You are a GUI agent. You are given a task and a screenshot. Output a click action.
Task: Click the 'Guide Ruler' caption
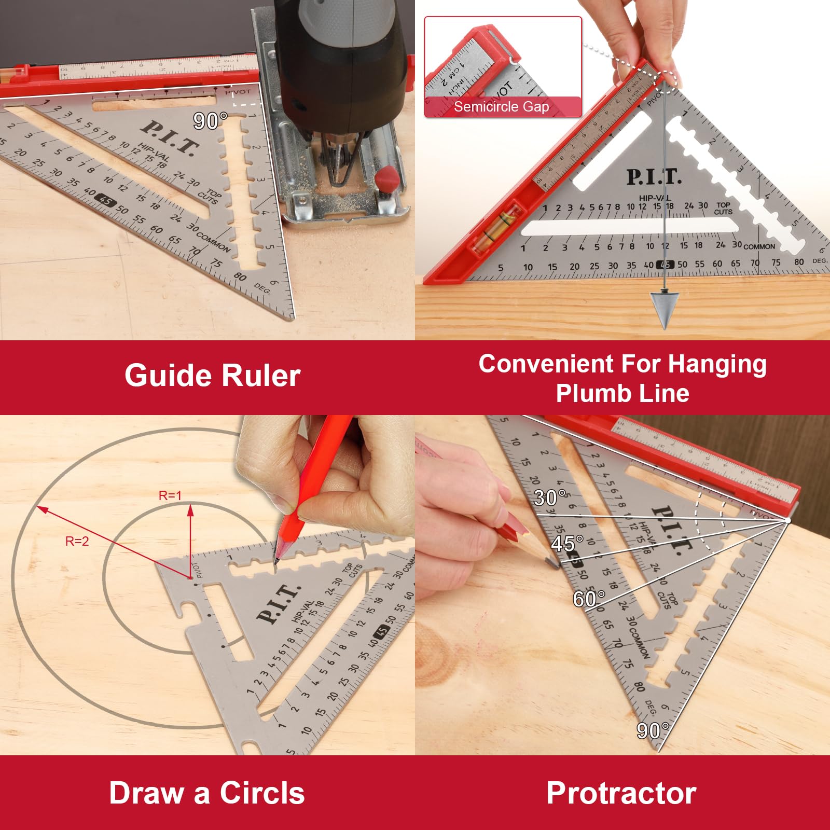tap(212, 376)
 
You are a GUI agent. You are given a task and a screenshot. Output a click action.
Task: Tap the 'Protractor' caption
tap(621, 793)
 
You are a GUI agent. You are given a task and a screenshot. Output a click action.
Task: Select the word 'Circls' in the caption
tap(262, 793)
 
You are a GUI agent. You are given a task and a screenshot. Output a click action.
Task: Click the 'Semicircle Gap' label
tap(501, 107)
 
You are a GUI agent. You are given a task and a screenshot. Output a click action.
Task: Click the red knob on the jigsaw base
tap(388, 179)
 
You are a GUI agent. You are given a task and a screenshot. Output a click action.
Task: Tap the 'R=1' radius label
tap(170, 496)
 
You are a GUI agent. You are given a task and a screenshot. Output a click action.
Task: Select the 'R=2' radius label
tap(77, 542)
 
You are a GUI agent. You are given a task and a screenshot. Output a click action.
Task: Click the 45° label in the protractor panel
tap(567, 544)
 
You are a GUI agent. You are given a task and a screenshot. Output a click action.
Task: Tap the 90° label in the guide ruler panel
tap(210, 121)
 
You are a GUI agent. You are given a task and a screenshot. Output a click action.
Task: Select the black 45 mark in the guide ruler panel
tap(106, 201)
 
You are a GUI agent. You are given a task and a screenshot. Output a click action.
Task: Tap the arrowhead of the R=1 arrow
tap(190, 510)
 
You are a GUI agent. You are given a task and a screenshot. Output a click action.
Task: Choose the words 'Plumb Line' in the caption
tap(622, 393)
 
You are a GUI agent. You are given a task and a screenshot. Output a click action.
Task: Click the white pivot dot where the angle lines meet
tap(787, 520)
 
